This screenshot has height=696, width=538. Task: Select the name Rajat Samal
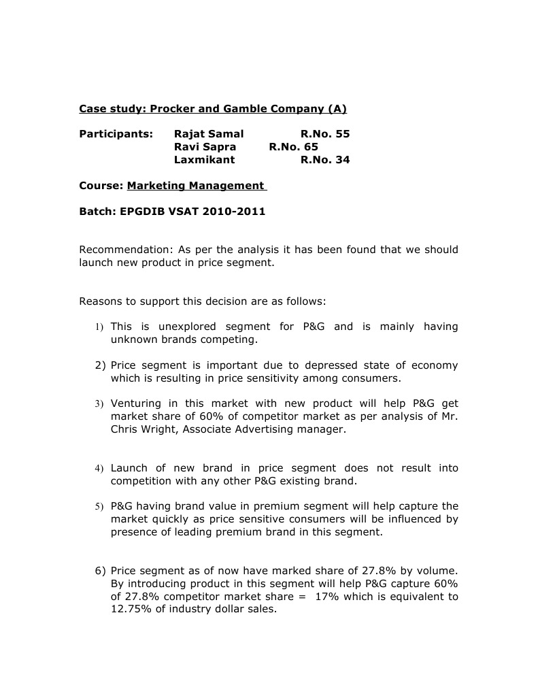coord(208,134)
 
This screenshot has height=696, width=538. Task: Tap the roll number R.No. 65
coord(293,147)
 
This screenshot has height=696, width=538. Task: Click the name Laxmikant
coord(204,160)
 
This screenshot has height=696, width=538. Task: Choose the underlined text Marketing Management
coord(196,186)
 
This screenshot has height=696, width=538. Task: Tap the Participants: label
coord(116,134)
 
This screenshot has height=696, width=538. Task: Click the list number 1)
coord(99,327)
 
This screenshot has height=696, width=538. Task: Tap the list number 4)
coord(99,469)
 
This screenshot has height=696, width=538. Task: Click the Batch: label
coord(97,212)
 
